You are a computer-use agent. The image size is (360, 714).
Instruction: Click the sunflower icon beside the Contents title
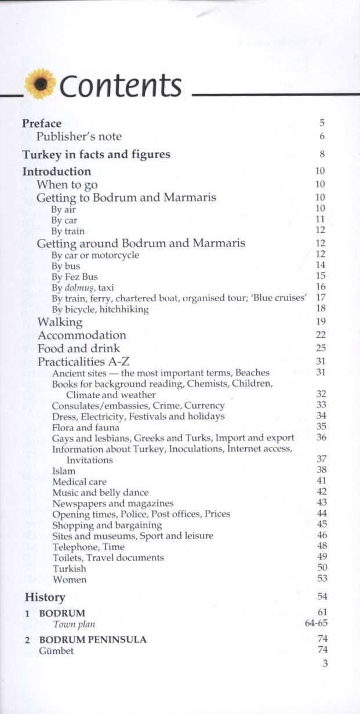(41, 85)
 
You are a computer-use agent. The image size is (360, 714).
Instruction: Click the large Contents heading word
(121, 86)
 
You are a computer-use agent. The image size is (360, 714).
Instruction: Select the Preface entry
(42, 123)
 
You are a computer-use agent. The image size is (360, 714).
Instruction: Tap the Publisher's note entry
(79, 137)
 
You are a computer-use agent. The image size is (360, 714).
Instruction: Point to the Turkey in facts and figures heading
(96, 155)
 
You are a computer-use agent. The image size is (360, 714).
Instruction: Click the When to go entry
(67, 184)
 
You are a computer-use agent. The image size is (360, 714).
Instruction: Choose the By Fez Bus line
(75, 276)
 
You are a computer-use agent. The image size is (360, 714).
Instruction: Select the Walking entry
(60, 322)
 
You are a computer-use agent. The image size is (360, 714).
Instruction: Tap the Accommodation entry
(82, 335)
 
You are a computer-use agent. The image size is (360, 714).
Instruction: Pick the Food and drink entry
(79, 348)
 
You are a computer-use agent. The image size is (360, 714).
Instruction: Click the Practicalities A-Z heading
(83, 362)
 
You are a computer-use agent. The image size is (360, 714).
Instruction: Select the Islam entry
(64, 471)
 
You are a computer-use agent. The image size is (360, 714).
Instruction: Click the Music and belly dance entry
(100, 493)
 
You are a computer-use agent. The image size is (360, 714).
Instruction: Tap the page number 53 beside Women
(322, 578)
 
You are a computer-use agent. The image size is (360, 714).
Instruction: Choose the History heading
(45, 597)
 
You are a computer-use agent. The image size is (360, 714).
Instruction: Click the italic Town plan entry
(74, 624)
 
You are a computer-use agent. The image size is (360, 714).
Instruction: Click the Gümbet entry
(56, 651)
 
